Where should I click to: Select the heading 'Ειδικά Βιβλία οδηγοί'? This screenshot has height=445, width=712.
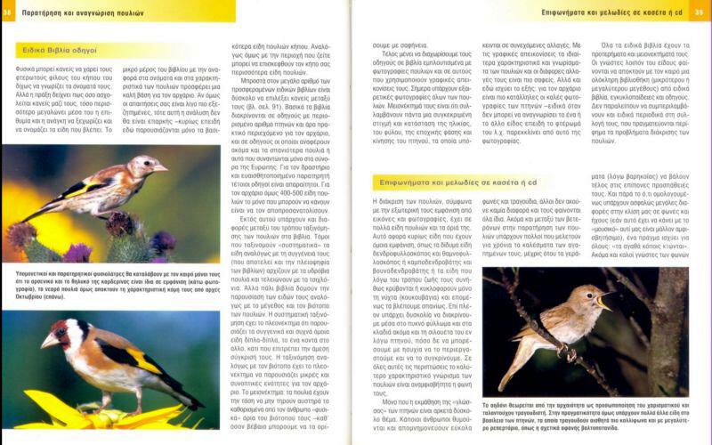click(x=61, y=51)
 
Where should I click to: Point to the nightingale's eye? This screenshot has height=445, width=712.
click(x=593, y=296)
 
